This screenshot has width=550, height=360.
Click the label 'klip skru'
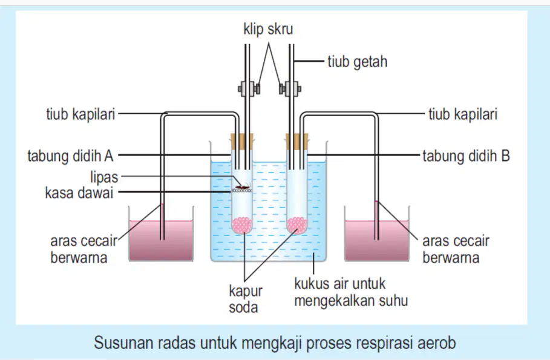[268, 29]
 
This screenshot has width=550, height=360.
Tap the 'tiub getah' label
[358, 62]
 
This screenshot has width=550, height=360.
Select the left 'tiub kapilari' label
[80, 114]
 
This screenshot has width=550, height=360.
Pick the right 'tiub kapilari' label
[463, 114]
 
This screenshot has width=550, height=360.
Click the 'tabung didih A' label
[71, 155]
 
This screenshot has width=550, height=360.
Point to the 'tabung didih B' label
[466, 155]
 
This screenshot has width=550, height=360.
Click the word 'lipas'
[104, 177]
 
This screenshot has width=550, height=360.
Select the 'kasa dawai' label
[79, 193]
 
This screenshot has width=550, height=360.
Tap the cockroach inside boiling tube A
[243, 186]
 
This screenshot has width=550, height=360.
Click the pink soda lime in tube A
[241, 225]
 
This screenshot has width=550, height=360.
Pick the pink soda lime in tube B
[296, 225]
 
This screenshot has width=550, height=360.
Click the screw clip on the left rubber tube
[249, 88]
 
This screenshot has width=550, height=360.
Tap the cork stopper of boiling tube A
[241, 142]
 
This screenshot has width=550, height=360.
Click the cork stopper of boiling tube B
[296, 142]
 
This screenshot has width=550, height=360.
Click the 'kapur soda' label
[246, 299]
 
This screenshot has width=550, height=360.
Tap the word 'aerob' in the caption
[437, 342]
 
